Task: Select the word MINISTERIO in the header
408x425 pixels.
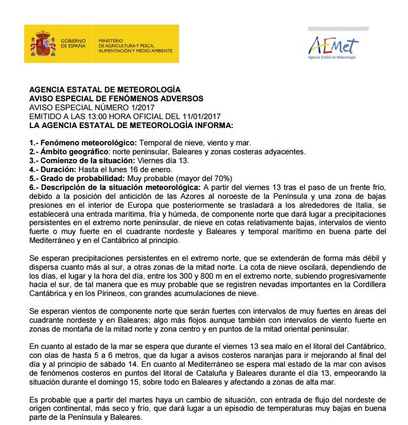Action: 110,40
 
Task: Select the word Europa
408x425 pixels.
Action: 129,205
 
